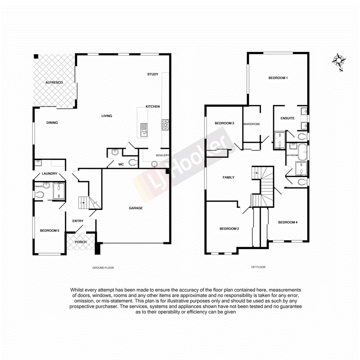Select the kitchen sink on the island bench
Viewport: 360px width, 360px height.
143,129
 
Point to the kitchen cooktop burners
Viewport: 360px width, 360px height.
164,124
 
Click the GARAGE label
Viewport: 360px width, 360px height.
136,208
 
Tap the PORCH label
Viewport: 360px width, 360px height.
81,242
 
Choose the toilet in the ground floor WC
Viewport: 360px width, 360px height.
134,162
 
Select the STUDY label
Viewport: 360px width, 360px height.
153,74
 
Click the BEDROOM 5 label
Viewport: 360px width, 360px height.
50,230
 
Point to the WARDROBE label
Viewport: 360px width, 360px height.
252,124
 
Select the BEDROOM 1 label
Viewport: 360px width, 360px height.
278,78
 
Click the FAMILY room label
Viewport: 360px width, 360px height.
228,177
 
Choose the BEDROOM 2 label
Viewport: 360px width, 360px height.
229,229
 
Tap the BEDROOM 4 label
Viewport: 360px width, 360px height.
288,222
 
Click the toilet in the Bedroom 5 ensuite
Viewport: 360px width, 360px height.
39,194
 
